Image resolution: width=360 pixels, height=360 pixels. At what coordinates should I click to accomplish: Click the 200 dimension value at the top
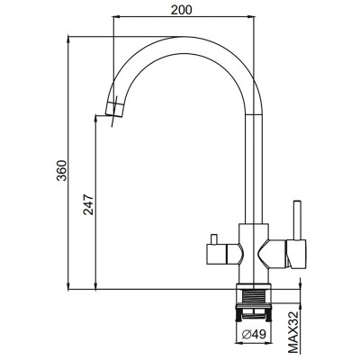pyautogui.click(x=181, y=10)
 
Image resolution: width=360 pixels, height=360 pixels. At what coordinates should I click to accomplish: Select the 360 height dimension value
pyautogui.click(x=62, y=170)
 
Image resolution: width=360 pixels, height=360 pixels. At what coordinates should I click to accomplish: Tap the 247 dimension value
pyautogui.click(x=88, y=205)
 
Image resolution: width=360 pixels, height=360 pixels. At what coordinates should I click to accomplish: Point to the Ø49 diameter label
pyautogui.click(x=254, y=334)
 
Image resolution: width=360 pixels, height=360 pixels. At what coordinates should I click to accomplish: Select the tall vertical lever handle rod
pyautogui.click(x=297, y=220)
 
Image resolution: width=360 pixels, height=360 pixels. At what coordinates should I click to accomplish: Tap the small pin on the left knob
pyautogui.click(x=214, y=239)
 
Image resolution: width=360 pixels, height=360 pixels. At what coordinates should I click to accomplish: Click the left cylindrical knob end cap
pyautogui.click(x=217, y=255)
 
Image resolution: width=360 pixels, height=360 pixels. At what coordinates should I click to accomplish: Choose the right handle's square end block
pyautogui.click(x=296, y=254)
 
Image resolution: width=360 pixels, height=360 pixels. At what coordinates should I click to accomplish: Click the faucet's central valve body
pyautogui.click(x=254, y=253)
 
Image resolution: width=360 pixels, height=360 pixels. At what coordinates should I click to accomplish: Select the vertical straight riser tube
pyautogui.click(x=254, y=169)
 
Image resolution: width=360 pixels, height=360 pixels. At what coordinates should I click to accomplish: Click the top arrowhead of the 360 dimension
pyautogui.click(x=69, y=38)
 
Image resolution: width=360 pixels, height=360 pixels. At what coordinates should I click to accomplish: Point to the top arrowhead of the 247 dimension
pyautogui.click(x=95, y=117)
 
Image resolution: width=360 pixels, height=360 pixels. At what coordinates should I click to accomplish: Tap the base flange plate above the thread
pyautogui.click(x=254, y=286)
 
